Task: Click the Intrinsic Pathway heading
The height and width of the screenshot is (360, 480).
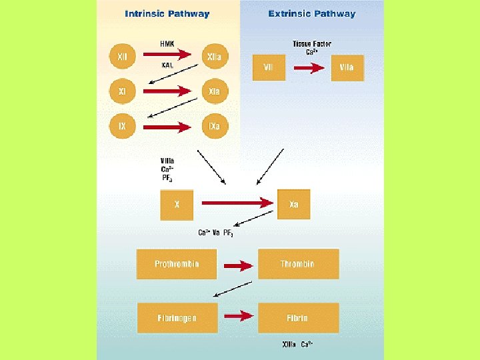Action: tap(167, 14)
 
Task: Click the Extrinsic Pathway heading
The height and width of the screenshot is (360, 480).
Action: tap(311, 14)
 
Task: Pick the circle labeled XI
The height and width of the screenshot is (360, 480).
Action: tap(122, 92)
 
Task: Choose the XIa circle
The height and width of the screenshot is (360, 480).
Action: tap(214, 92)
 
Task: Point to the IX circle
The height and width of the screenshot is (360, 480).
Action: tap(122, 125)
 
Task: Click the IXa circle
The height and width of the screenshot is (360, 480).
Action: tap(214, 125)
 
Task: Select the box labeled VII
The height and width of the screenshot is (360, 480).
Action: tap(269, 67)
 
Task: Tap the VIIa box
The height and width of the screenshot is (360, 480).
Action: tap(347, 67)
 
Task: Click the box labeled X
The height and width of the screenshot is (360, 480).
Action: tap(177, 205)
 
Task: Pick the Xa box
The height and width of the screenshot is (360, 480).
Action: tap(294, 205)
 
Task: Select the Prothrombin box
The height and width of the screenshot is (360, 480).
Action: tap(177, 264)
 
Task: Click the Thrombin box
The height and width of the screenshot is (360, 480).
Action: tap(297, 264)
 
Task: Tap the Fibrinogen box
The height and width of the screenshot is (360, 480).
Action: tap(177, 317)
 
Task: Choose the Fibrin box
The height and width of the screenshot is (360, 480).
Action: tap(297, 317)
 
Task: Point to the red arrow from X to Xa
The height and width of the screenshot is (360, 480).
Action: tap(237, 203)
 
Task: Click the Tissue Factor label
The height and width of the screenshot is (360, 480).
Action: tap(311, 44)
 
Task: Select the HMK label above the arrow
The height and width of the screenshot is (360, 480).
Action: tap(167, 44)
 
